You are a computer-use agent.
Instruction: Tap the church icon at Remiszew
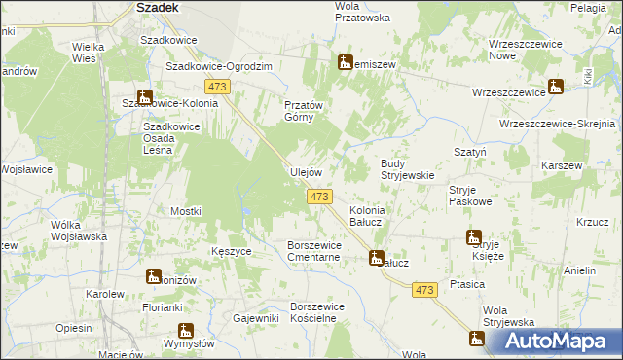[345, 63]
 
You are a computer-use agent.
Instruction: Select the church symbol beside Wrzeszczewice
[555, 87]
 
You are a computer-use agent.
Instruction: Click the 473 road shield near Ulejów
[318, 197]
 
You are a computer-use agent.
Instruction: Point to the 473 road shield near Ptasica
[423, 290]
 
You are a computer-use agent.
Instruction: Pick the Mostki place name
[185, 211]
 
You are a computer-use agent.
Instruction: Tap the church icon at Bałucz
[376, 258]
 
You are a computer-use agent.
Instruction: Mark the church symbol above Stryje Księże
[474, 237]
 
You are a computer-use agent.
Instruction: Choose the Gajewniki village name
[256, 318]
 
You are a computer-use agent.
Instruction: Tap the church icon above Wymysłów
[185, 330]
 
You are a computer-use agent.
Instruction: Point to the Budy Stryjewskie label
[406, 169]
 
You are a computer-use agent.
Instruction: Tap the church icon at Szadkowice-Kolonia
[145, 97]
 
